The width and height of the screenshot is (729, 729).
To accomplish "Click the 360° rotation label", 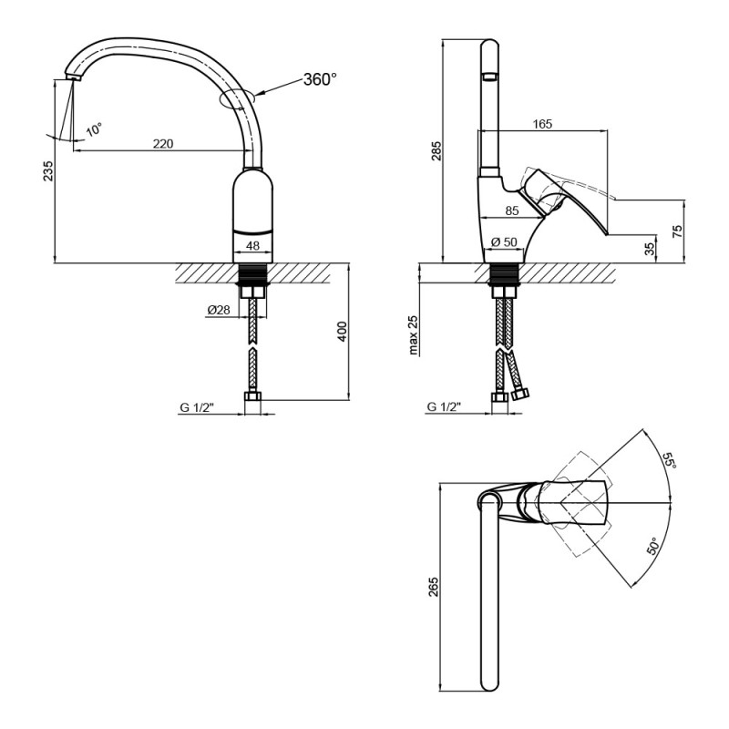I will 320,80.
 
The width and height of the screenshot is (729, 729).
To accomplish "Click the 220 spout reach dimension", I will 163,144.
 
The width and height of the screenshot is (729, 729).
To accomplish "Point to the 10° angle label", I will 94,130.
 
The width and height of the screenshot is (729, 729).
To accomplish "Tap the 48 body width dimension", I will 254,246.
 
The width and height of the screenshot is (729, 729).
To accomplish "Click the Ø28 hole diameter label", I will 218,310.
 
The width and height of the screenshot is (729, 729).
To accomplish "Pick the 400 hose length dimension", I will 342,332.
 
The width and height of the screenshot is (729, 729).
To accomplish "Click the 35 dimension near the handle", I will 650,248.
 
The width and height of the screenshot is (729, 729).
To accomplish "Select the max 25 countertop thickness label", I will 412,334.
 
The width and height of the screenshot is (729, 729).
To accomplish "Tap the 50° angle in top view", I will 653,548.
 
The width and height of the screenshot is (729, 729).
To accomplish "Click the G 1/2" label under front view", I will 196,407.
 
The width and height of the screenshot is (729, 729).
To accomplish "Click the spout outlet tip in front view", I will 71,80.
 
